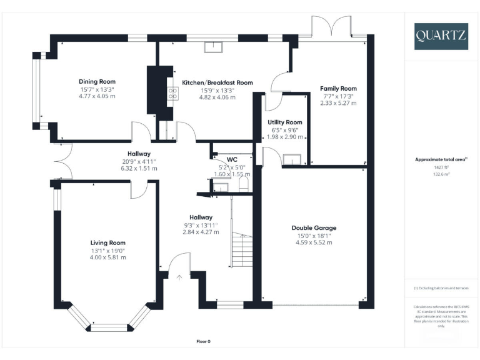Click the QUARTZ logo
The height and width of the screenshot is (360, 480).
point(440,36)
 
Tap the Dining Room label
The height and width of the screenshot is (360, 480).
point(97,82)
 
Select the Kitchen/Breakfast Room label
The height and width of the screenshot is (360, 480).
point(217,82)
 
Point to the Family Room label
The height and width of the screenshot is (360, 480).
point(338,89)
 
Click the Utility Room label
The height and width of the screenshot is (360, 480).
point(284,122)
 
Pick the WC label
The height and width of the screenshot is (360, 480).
point(232,159)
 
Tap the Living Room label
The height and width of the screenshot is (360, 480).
point(107,243)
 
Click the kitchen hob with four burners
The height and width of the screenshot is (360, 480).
point(171,94)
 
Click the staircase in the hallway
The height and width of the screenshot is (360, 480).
point(241,249)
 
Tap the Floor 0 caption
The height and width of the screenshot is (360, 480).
point(204,342)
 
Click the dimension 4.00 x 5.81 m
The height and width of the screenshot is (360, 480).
point(107,257)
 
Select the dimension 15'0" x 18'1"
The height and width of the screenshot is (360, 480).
point(310,236)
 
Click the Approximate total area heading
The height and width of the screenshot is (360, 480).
point(441,160)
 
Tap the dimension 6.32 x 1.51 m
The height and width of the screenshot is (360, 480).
point(139,169)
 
